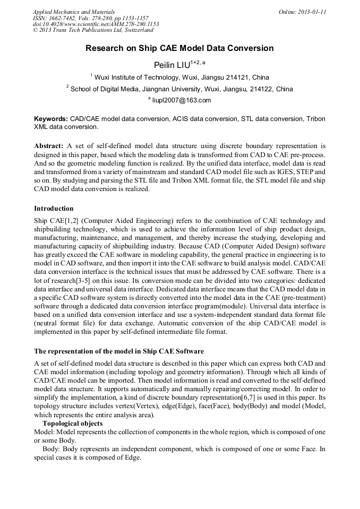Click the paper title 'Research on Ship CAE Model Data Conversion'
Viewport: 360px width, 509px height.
coord(179,48)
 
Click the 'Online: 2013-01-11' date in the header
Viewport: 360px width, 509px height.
coord(302,12)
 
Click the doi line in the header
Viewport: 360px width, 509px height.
coord(96,24)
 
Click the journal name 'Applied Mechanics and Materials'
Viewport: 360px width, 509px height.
coord(74,12)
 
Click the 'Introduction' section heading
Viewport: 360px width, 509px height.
coord(54,208)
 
